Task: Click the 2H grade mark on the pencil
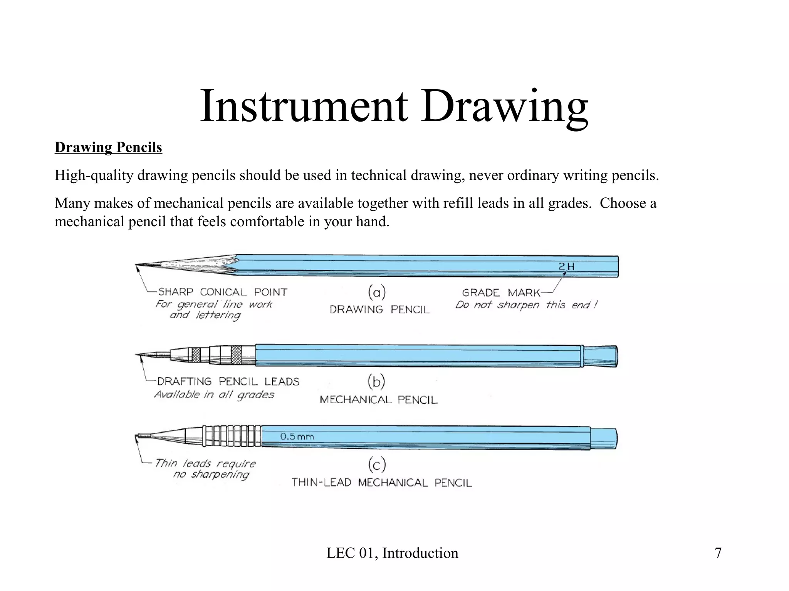pos(566,266)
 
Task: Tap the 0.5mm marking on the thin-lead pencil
pos(297,436)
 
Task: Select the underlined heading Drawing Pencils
pos(108,147)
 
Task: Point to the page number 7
pos(718,553)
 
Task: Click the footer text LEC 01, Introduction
pos(392,553)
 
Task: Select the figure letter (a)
pos(377,292)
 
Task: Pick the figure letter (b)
pos(376,382)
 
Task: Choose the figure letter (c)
pos(377,465)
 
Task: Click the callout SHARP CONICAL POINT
pos(223,292)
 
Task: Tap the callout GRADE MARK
pos(501,293)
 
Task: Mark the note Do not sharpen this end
pos(526,305)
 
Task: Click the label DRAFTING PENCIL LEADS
pos(228,381)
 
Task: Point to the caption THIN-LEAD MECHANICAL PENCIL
pos(381,482)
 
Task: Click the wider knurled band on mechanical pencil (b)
pos(236,355)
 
